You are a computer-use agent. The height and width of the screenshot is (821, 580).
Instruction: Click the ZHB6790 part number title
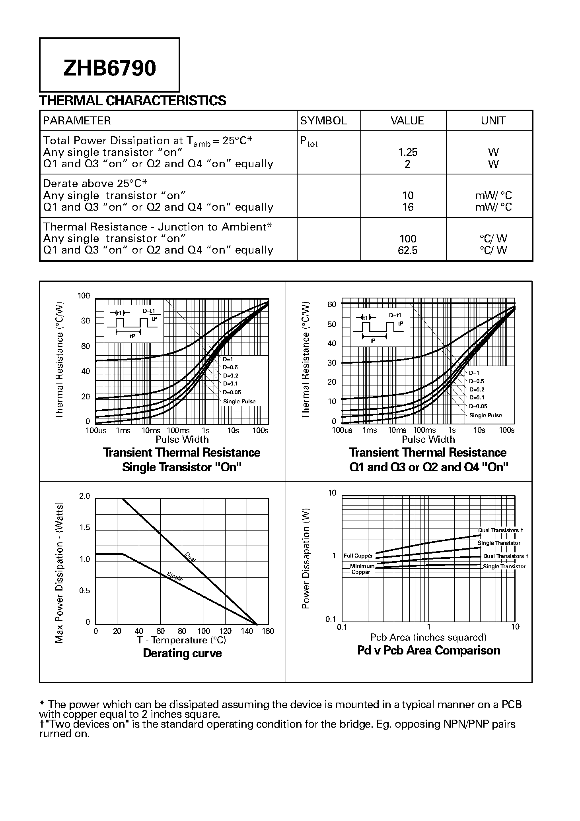coord(109,68)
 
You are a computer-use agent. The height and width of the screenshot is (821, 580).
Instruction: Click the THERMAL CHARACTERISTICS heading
coord(132,101)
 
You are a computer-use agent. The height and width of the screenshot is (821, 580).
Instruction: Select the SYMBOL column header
coord(323,121)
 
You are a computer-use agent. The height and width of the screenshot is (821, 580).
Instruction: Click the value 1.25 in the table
coord(408,152)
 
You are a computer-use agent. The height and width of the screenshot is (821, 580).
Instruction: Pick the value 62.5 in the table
coord(408,250)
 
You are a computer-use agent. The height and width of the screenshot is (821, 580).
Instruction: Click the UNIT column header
coord(493,121)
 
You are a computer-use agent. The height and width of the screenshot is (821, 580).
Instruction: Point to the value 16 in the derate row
coord(408,207)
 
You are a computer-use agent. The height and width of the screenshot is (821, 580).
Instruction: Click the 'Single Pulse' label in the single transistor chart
coord(239,401)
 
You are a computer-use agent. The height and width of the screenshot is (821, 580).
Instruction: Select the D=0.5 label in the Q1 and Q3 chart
coord(477,381)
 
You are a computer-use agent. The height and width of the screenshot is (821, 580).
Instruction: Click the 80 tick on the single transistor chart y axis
coord(86,321)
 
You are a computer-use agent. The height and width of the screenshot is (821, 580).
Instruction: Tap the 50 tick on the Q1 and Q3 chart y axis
coord(332,324)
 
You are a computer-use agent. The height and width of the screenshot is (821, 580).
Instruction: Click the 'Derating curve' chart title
coord(182,653)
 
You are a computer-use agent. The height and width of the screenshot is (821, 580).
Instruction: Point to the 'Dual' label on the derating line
coord(190,556)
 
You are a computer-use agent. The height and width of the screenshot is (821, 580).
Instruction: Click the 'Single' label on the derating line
coord(175,576)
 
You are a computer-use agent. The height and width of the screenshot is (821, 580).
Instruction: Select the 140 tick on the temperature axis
coord(247,631)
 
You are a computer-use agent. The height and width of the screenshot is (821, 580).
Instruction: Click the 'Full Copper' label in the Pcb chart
coord(358,556)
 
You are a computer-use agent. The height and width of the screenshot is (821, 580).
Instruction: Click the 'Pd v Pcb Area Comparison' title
coord(428,651)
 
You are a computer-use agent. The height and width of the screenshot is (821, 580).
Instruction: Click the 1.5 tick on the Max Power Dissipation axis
coord(85,528)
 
